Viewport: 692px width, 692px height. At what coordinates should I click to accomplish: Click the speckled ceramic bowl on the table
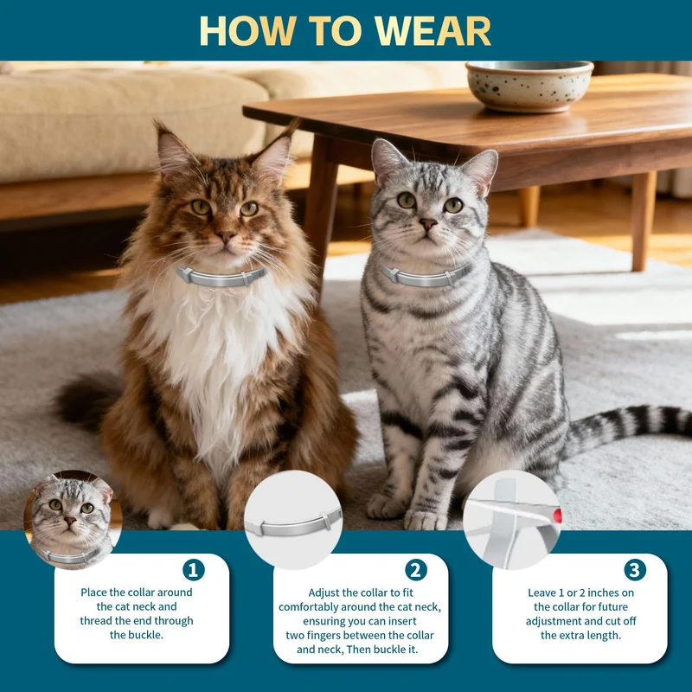coord(529,86)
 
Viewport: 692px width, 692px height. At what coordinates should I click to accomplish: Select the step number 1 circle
coord(193,570)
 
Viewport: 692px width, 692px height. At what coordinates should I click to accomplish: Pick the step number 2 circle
coord(416,570)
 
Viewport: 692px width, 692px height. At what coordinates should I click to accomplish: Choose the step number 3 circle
coord(635,570)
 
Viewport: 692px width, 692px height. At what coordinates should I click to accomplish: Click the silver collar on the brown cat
coord(221,277)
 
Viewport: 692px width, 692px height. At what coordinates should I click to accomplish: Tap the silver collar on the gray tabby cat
coord(425,276)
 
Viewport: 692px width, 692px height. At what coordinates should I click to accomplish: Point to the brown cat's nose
coord(226,237)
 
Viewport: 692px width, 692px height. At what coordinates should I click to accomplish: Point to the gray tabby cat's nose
coord(427,224)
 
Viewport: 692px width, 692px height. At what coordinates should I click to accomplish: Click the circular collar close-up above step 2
coord(293,520)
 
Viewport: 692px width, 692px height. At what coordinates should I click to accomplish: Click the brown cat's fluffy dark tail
coord(86,400)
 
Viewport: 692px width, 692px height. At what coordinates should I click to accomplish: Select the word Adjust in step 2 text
coord(324,593)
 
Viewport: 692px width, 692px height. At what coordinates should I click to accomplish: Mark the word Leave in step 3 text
coord(543,593)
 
